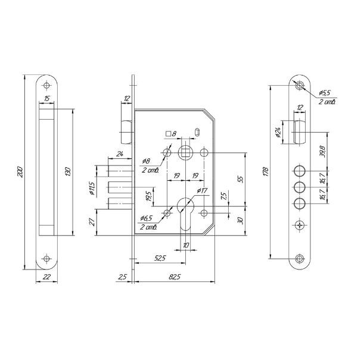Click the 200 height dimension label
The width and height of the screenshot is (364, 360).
[20, 172]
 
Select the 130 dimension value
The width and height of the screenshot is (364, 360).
[68, 171]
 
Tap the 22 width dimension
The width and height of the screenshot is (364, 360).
[46, 277]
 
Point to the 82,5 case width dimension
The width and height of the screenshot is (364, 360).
[175, 277]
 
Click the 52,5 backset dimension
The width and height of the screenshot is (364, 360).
[160, 258]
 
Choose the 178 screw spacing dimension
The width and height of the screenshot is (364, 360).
[266, 171]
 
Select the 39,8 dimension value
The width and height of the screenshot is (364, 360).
[322, 152]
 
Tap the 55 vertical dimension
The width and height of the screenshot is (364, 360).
[241, 179]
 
